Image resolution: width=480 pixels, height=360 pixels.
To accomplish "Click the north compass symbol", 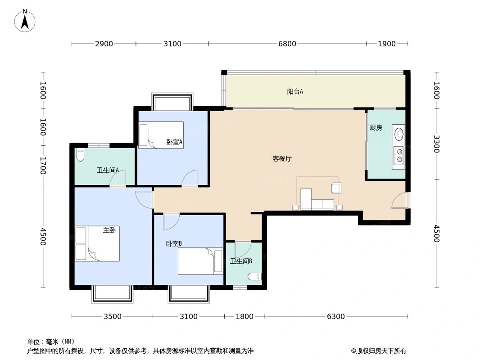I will click(x=25, y=21).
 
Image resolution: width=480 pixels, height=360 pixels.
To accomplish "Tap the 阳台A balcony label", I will click(x=295, y=92).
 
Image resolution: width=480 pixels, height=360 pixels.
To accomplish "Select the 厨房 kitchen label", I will click(x=376, y=128).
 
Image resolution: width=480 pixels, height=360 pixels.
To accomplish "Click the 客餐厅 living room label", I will click(x=282, y=159).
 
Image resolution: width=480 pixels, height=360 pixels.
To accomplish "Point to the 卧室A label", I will click(x=174, y=142).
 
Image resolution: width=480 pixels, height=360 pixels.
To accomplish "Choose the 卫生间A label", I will click(x=108, y=171).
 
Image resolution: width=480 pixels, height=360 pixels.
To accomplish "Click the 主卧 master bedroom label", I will click(x=109, y=230).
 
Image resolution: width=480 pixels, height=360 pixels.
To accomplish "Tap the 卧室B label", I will click(x=174, y=244).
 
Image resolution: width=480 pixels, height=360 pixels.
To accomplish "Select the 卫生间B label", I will click(x=241, y=261).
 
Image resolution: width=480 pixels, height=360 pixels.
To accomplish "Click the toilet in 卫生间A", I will click(x=80, y=154).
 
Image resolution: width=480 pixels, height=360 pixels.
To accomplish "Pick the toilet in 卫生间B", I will click(x=255, y=276).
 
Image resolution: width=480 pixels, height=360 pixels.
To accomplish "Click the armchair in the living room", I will click(x=336, y=188).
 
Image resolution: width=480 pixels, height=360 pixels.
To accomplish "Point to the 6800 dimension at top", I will click(x=287, y=44).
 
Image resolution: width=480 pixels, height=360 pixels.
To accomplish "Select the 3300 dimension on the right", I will click(x=436, y=144).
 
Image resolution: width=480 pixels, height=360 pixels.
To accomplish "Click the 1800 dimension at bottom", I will click(x=245, y=317).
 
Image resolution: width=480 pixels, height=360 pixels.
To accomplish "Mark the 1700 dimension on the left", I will click(x=43, y=166).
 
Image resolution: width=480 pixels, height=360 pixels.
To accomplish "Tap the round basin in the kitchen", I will click(x=398, y=134).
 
